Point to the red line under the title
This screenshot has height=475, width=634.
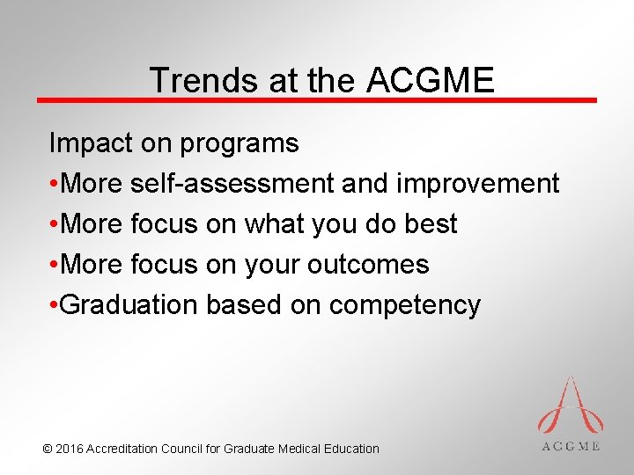coord(317,100)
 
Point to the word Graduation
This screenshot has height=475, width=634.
coord(131,304)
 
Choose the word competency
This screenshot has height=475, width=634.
coord(405,305)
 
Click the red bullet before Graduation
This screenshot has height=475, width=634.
coord(55,305)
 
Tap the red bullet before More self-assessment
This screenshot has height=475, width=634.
coord(55,184)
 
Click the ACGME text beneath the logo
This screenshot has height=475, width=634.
coord(571,446)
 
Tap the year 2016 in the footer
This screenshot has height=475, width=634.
coord(70,449)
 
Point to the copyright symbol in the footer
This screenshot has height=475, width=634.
coord(47,449)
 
